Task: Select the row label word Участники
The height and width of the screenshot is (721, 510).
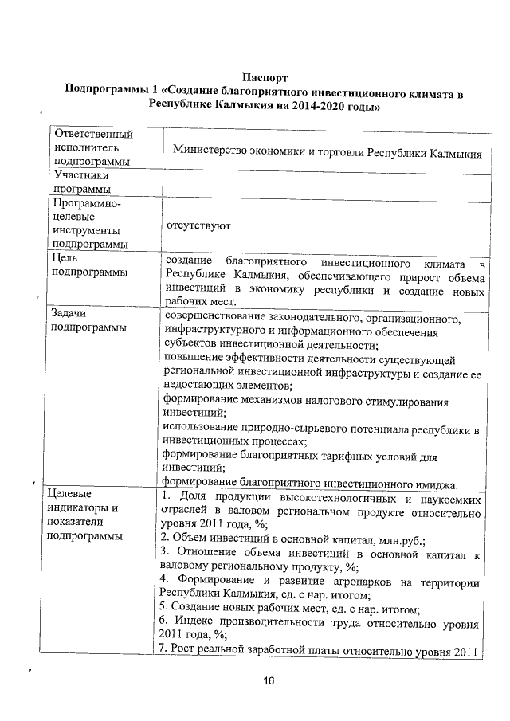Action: click(x=78, y=174)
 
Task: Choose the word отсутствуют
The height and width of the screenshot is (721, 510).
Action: click(x=198, y=225)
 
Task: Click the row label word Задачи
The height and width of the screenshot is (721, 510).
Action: click(x=69, y=312)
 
